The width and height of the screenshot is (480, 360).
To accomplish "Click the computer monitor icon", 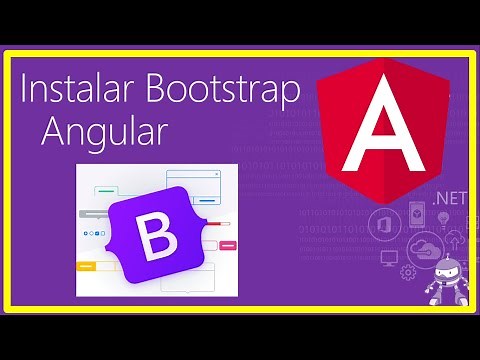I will coord(390,256).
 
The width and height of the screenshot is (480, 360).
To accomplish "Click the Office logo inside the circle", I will coord(385,223).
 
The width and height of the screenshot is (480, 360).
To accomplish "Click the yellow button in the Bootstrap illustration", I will coord(86,266).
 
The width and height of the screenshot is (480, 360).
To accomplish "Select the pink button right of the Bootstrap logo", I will coord(228,244).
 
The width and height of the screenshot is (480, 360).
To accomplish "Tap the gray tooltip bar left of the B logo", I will coord(92,213).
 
